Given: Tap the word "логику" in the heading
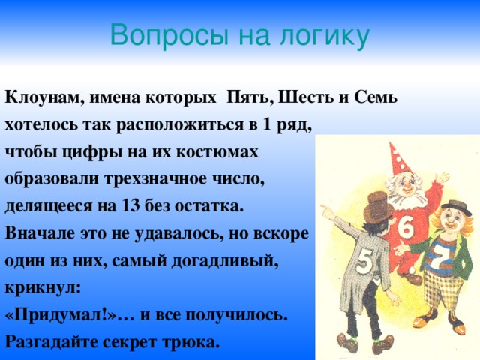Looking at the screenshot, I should coord(324,35).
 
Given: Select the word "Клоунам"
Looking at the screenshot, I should coord(42,98).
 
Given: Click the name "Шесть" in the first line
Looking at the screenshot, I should coord(303,98).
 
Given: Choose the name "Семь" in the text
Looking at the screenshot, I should coord(373,98).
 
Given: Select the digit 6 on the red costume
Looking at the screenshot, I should coord(405,226).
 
